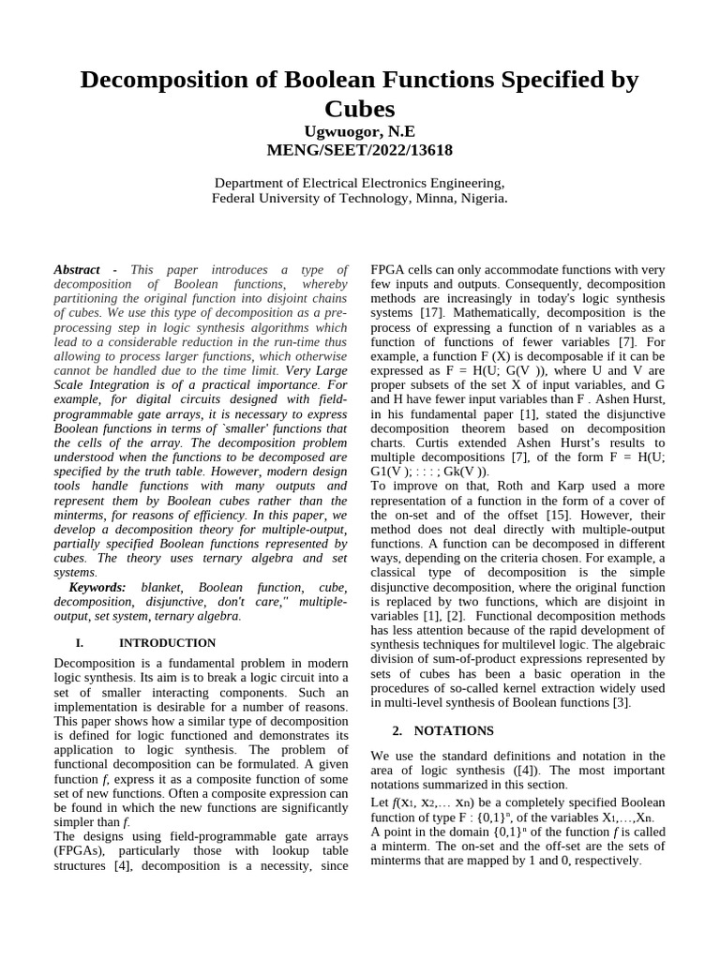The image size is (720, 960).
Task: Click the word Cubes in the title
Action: point(359,108)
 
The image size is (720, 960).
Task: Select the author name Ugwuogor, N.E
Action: point(359,131)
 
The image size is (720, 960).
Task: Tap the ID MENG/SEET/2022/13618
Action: point(359,150)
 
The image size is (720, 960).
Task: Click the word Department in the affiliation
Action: point(253,183)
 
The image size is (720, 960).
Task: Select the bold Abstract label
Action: point(78,269)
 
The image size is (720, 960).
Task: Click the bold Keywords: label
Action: point(97,587)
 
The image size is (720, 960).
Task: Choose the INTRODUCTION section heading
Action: point(167,643)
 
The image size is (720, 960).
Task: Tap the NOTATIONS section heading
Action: point(454,730)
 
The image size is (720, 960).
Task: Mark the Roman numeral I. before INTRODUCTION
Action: point(79,643)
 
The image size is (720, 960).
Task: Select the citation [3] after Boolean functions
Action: point(622,702)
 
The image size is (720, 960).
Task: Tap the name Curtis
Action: point(394,442)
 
